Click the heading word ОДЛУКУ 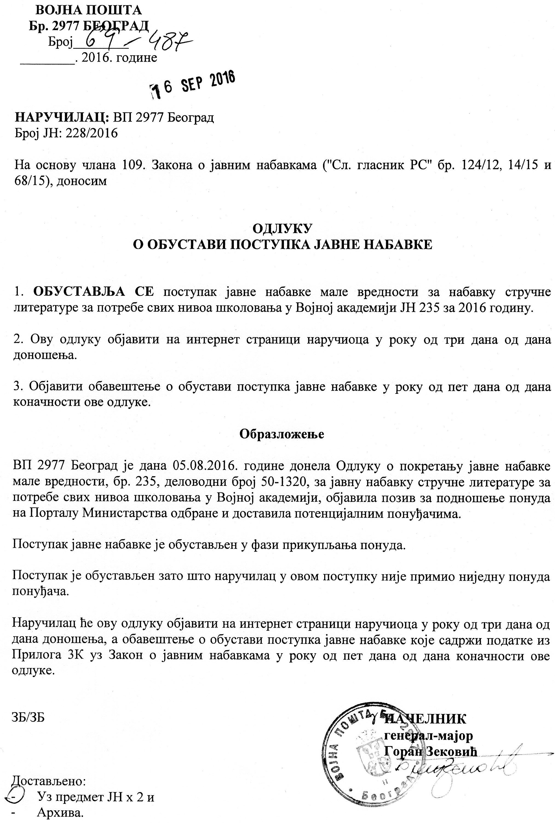(282, 229)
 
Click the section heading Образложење (282, 434)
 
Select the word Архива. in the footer (60, 813)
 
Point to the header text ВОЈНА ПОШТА (88, 10)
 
